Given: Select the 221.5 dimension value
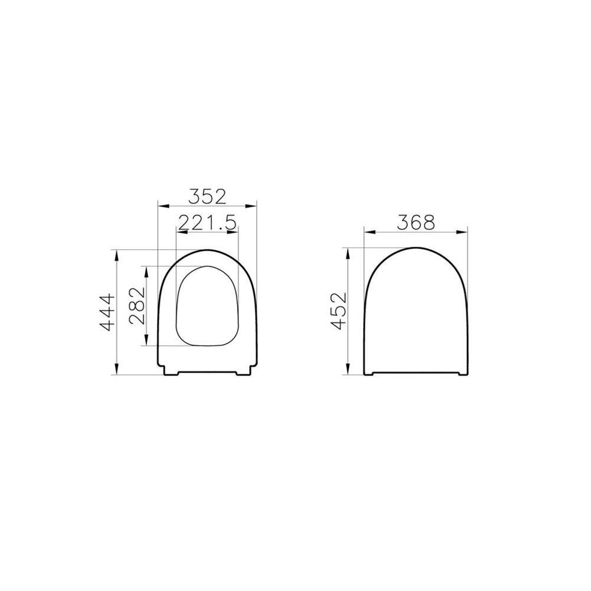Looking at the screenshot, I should [207, 222].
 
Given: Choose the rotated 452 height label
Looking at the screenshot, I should [338, 311].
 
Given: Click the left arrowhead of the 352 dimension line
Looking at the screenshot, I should [161, 205].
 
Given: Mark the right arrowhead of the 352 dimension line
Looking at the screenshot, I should [254, 205].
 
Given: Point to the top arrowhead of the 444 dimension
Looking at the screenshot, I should [117, 252].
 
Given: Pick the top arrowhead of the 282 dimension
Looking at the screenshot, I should [146, 269].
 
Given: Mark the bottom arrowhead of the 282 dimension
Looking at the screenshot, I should [146, 342].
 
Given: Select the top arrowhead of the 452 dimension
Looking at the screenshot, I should [348, 251].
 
